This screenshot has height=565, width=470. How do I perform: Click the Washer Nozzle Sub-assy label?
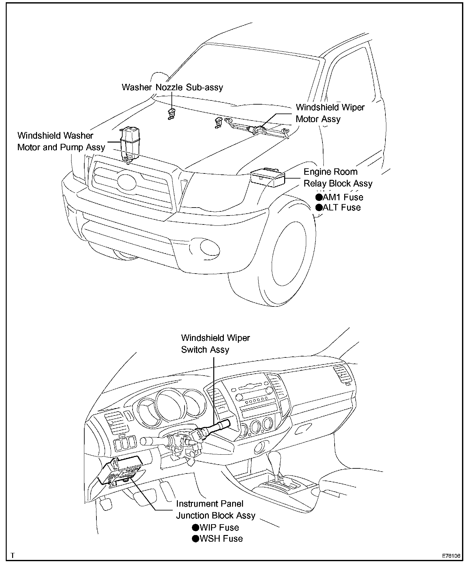[x=172, y=87]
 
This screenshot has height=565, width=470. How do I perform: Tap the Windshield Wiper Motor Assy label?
[x=330, y=113]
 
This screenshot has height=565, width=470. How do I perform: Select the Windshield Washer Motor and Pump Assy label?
[x=61, y=141]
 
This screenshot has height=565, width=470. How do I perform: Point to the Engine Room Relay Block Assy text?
[x=338, y=178]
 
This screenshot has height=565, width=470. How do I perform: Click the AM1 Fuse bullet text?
[x=339, y=197]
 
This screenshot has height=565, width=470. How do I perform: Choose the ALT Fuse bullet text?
[x=338, y=208]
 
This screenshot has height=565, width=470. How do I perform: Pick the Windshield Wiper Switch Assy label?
[x=215, y=344]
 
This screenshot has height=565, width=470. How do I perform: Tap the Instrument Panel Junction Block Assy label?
[x=216, y=510]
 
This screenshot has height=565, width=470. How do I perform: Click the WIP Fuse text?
[x=216, y=527]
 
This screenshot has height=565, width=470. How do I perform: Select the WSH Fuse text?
[x=217, y=539]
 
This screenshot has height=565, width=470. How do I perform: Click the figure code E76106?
[x=451, y=555]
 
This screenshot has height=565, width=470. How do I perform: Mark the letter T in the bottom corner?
[x=12, y=555]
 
